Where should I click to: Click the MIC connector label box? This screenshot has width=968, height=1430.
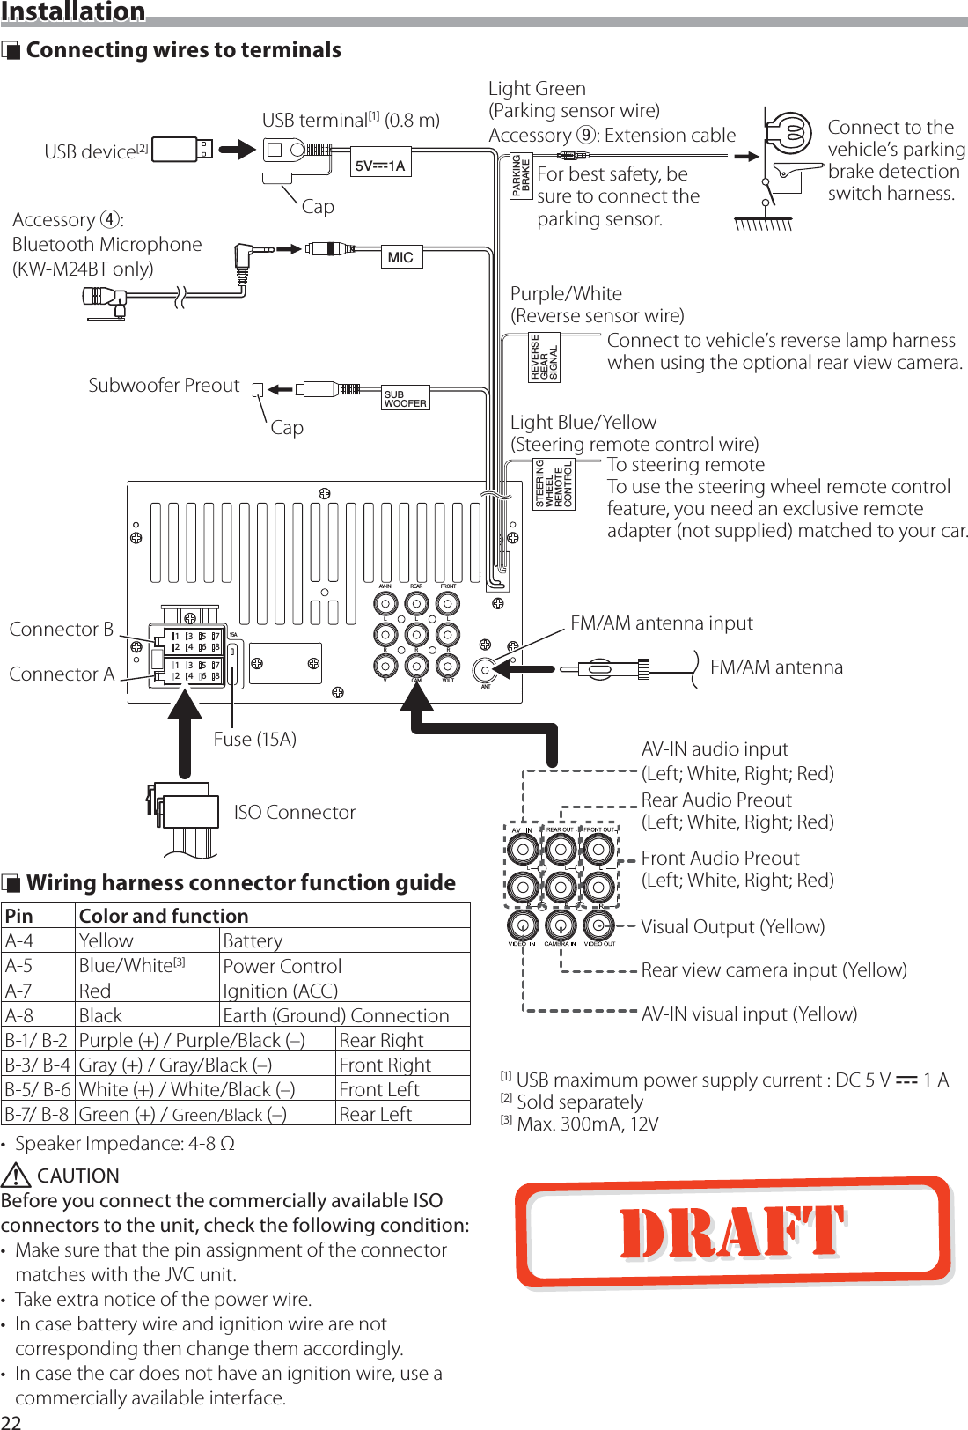click(400, 257)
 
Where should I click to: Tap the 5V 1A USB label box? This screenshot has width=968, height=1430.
click(380, 166)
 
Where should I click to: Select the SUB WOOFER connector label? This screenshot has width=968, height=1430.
click(405, 398)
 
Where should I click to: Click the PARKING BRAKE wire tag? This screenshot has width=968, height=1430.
click(521, 175)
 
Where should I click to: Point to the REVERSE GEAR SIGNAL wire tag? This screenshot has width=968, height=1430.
click(544, 357)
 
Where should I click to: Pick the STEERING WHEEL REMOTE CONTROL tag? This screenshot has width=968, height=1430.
click(554, 483)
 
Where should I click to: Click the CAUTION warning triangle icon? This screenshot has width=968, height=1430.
click(16, 1176)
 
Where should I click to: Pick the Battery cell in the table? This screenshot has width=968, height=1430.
click(253, 940)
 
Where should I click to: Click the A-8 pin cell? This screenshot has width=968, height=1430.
click(19, 1015)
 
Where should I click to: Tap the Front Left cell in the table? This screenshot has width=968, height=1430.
click(379, 1089)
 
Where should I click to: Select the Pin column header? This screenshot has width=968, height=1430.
click(19, 916)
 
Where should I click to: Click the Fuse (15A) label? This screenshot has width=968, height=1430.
click(254, 739)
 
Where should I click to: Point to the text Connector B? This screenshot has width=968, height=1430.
click(61, 629)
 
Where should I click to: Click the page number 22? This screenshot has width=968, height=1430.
click(11, 1421)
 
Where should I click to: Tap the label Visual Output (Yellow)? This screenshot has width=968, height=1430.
click(732, 926)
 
